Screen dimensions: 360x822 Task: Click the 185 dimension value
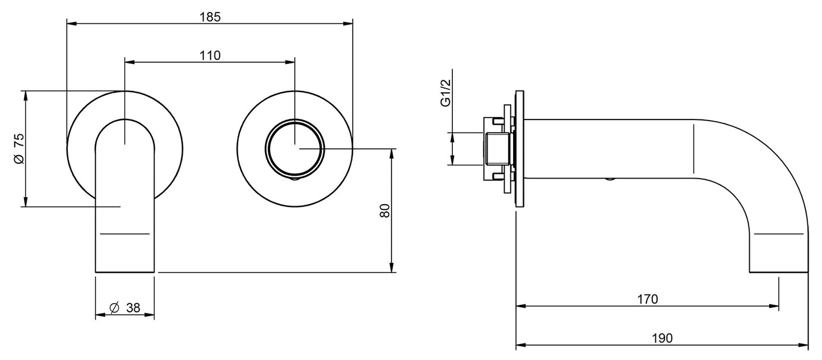(x=210, y=16)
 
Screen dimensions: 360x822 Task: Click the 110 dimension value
(x=210, y=55)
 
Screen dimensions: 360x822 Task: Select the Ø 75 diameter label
(x=18, y=149)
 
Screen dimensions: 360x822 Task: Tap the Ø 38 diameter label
(x=125, y=308)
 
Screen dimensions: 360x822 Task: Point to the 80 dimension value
(x=385, y=211)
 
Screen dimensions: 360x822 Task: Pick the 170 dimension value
(x=647, y=299)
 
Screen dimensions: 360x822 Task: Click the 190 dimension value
(x=662, y=338)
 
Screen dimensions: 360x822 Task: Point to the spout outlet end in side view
(x=778, y=271)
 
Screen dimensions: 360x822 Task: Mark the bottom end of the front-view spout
(x=125, y=271)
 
